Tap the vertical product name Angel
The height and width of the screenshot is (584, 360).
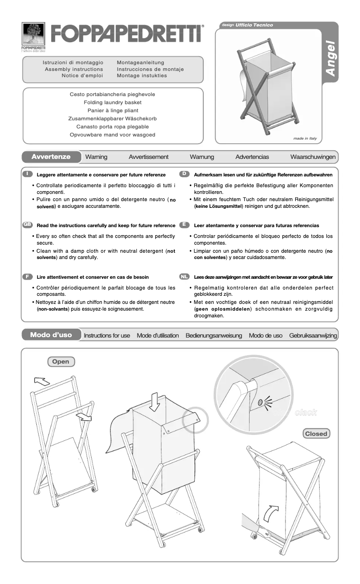pyautogui.click(x=330, y=59)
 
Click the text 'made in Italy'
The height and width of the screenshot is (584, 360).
pyautogui.click(x=305, y=138)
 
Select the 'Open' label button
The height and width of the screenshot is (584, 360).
pyautogui.click(x=61, y=361)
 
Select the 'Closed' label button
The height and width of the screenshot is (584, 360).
pyautogui.click(x=316, y=434)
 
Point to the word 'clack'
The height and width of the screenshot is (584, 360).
pyautogui.click(x=306, y=412)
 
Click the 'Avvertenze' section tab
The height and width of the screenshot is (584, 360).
pyautogui.click(x=51, y=157)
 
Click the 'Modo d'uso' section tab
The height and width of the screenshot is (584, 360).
pyautogui.click(x=51, y=335)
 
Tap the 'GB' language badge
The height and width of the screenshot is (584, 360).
pyautogui.click(x=27, y=224)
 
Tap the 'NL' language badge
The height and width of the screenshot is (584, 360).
pyautogui.click(x=184, y=277)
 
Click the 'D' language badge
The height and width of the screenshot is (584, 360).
pyautogui.click(x=184, y=174)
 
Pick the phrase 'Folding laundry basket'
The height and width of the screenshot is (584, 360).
pyautogui.click(x=113, y=102)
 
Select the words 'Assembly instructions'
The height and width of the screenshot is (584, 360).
pyautogui.click(x=74, y=69)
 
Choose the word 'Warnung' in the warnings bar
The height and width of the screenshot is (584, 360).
pyautogui.click(x=202, y=157)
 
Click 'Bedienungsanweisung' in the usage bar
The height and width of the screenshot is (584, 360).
pyautogui.click(x=214, y=335)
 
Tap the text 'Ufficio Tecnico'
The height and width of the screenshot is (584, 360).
pyautogui.click(x=254, y=25)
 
